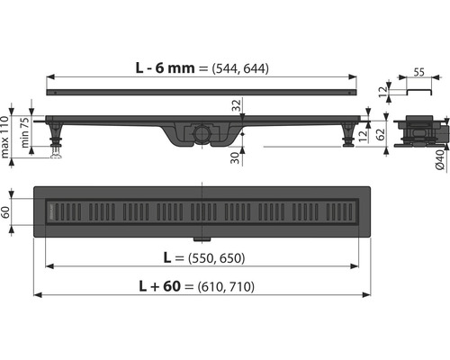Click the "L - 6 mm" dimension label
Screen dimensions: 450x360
click(x=165, y=68)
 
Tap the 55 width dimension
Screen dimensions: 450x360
click(x=419, y=72)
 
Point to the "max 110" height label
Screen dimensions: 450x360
click(x=4, y=137)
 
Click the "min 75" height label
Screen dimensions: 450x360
click(x=25, y=132)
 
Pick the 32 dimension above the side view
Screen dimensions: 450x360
click(x=237, y=105)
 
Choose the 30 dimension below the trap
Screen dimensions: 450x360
click(x=237, y=157)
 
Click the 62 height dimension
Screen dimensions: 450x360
click(x=380, y=134)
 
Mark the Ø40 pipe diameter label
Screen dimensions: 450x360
click(x=440, y=159)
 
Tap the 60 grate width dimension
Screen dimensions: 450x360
click(x=5, y=211)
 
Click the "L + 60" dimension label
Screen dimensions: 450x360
click(x=160, y=286)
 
